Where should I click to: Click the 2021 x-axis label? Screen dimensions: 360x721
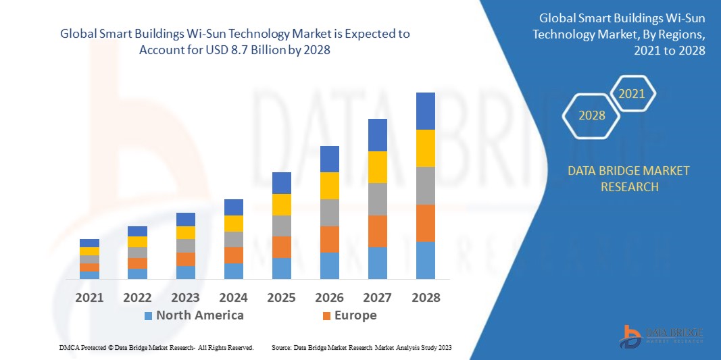click(89, 297)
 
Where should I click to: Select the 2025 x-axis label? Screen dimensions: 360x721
click(281, 297)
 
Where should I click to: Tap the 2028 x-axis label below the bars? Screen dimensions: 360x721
click(425, 297)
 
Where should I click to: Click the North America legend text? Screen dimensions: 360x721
click(199, 315)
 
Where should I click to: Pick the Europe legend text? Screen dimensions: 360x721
click(355, 315)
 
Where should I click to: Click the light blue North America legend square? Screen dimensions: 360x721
click(148, 315)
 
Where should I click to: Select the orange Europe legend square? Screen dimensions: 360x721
click(326, 315)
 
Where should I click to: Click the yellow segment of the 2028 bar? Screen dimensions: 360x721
click(425, 148)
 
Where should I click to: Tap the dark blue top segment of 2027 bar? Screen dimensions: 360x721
click(377, 134)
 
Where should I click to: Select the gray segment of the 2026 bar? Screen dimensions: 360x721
click(329, 212)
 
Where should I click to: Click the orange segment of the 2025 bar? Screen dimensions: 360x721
click(281, 247)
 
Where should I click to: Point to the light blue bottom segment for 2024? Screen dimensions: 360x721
click(233, 271)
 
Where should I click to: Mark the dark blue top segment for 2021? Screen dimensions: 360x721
click(89, 242)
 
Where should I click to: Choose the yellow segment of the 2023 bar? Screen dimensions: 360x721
click(185, 232)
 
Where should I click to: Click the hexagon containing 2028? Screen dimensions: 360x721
click(592, 115)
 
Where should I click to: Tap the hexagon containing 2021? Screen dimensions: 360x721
click(632, 94)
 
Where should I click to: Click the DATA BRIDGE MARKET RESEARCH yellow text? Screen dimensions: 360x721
click(629, 178)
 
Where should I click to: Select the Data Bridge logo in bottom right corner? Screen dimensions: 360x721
click(661, 336)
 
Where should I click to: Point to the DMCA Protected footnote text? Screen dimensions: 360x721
click(156, 347)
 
